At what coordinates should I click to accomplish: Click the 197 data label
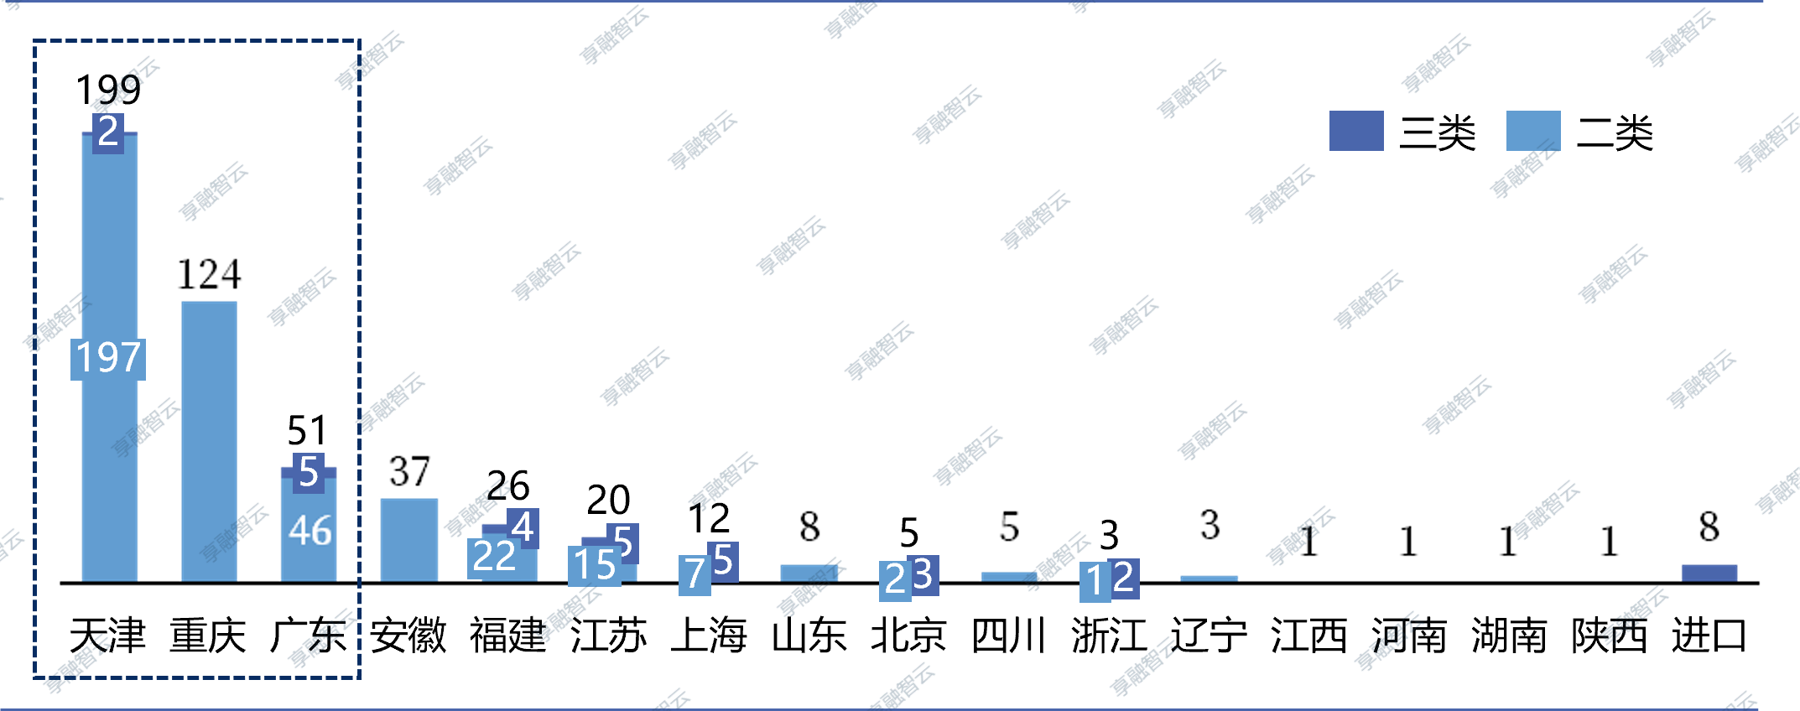coord(108,359)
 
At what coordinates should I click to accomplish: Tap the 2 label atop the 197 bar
coord(108,132)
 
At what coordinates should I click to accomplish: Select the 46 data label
coord(310,531)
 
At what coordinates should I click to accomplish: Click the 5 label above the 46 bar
coord(309,472)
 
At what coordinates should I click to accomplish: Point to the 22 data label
coord(493,558)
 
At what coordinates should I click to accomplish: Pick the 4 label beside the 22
coord(523,528)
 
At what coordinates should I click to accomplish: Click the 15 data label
coord(595,566)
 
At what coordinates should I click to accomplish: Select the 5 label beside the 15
coord(622,542)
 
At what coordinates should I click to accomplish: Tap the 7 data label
coord(695,575)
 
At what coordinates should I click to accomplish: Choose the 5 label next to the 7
coord(723,561)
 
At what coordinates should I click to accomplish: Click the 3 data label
coord(923,575)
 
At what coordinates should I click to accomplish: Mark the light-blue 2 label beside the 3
coord(895,579)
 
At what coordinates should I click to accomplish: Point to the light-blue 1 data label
coord(1095,581)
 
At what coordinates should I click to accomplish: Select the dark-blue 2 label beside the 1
coord(1124,579)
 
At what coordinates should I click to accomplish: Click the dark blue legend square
coord(1356,131)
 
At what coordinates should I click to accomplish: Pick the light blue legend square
coord(1533,131)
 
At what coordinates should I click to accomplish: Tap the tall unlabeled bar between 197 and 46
coord(209,440)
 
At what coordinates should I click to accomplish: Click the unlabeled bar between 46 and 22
coord(409,539)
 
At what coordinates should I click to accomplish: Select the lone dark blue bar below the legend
coord(1709,573)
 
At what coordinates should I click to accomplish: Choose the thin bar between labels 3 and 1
coord(1009,576)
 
